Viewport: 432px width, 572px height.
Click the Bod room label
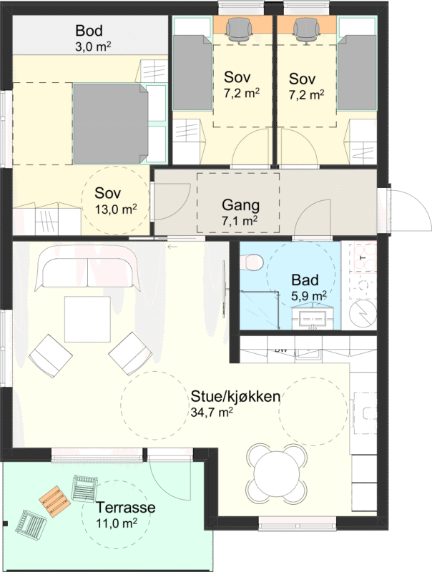click(89, 31)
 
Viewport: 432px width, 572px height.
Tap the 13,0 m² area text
click(116, 209)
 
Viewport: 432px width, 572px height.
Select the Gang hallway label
click(241, 205)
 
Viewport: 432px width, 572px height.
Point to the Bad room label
click(305, 280)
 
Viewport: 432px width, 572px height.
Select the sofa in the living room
click(87, 268)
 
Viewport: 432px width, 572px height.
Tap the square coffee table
click(87, 319)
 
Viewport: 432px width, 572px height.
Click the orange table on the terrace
click(55, 502)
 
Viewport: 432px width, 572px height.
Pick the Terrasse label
click(125, 508)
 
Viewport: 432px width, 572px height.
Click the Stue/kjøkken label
click(236, 397)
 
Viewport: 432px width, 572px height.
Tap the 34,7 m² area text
click(212, 413)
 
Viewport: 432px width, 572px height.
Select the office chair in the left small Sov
click(239, 31)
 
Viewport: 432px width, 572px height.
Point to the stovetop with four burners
click(363, 257)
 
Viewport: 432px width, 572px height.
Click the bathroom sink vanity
click(313, 317)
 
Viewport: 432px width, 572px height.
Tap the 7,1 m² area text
click(240, 221)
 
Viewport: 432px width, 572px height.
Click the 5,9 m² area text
click(309, 296)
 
